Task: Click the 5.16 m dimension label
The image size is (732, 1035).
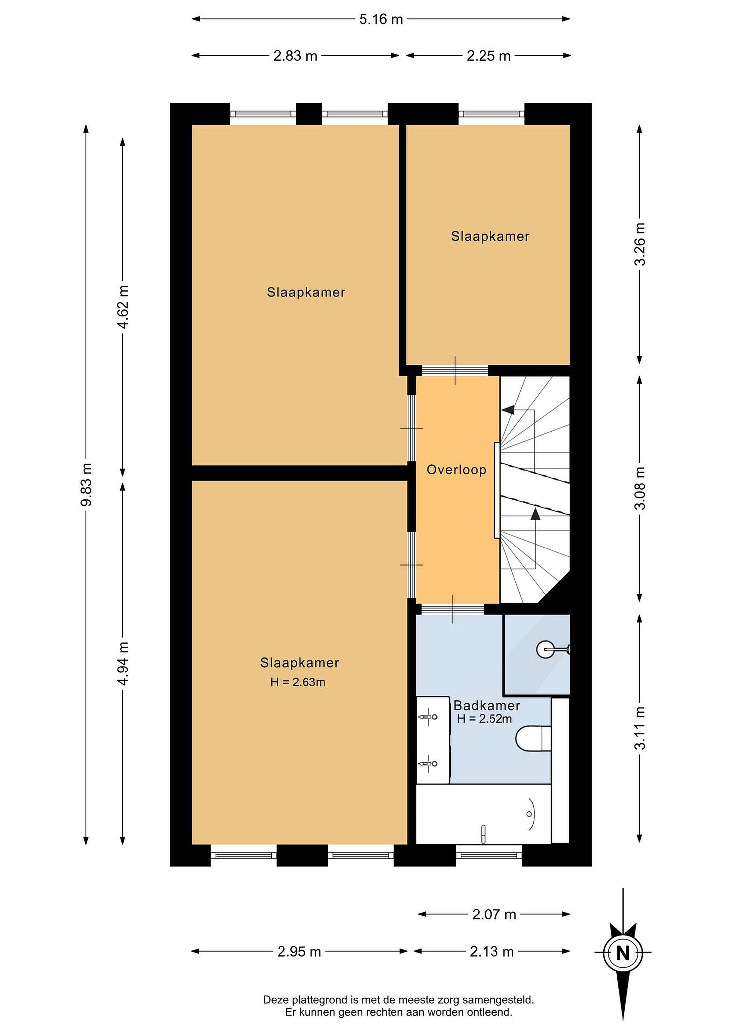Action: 381,19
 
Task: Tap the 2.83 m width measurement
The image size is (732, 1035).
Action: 295,56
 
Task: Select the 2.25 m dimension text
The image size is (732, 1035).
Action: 489,56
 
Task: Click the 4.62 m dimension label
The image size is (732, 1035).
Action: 123,307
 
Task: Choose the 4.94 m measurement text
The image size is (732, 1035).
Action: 123,663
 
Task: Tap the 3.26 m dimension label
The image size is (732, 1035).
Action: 640,244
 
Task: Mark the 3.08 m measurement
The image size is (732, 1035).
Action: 640,488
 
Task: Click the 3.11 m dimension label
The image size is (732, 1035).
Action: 640,728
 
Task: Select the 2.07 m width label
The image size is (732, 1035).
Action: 494,915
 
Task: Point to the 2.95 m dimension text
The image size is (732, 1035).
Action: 299,952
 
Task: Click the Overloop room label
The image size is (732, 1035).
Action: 457,470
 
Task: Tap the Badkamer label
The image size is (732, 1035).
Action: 487,705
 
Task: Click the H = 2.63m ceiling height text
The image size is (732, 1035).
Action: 298,682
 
